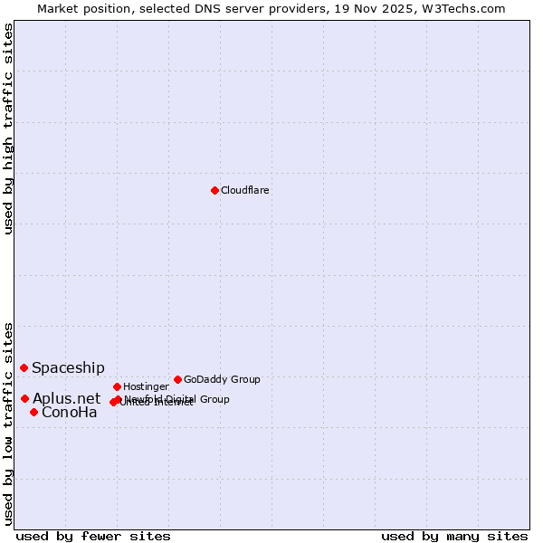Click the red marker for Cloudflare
tap(214, 190)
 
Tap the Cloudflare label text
tap(244, 190)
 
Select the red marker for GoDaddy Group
tap(177, 379)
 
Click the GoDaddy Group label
tap(222, 379)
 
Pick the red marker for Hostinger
tap(117, 386)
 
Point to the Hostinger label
tap(146, 386)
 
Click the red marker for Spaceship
tap(24, 367)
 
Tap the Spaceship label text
tap(68, 368)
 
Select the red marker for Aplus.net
tap(24, 398)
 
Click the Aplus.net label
tap(67, 398)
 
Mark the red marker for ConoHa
tap(33, 412)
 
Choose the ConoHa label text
tap(70, 413)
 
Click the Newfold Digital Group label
tap(177, 398)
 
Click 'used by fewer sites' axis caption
tap(93, 536)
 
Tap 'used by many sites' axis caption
tap(453, 536)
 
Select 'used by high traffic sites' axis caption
tap(9, 129)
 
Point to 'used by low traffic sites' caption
tap(9, 423)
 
